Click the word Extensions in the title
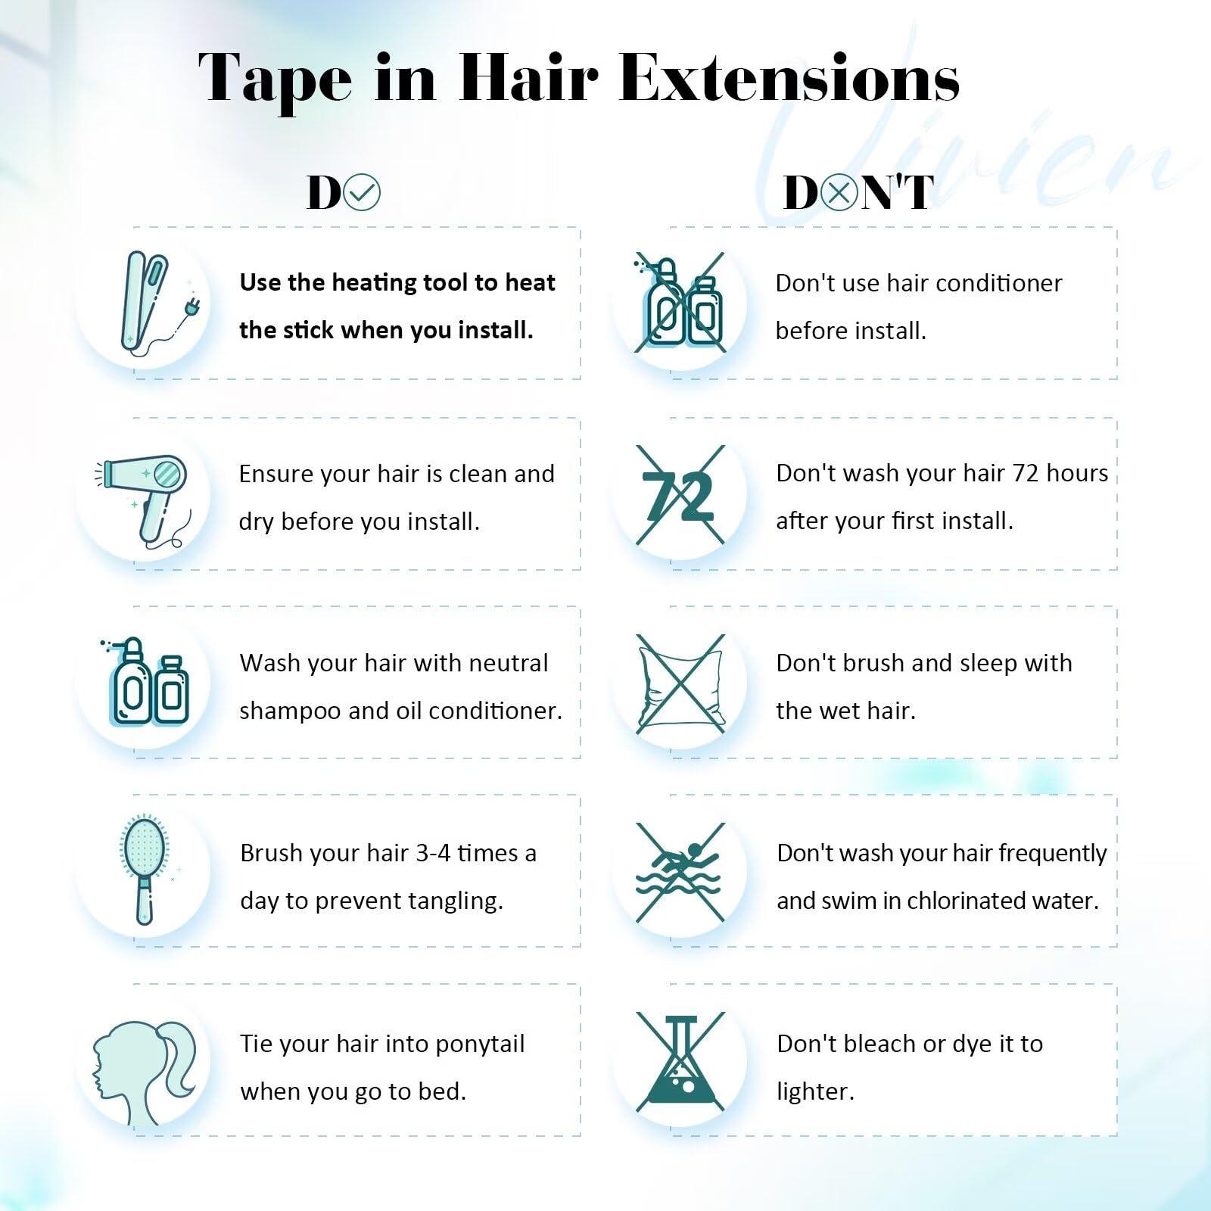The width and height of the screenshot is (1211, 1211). click(x=789, y=78)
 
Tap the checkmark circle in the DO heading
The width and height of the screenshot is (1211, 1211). click(x=362, y=192)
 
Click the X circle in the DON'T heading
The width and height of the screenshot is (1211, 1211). click(x=839, y=192)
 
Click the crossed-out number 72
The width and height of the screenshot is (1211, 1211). click(x=679, y=496)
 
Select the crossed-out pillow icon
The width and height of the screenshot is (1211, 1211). click(x=680, y=683)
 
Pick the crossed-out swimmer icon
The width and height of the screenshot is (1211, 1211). click(x=680, y=872)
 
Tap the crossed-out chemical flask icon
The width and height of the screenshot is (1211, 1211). click(x=680, y=1062)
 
